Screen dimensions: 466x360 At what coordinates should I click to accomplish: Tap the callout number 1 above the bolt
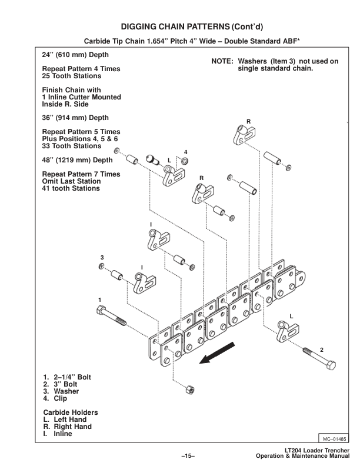click(100, 300)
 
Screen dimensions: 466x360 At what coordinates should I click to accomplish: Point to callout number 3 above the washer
click(102, 258)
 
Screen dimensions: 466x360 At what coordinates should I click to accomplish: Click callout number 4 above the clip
click(185, 152)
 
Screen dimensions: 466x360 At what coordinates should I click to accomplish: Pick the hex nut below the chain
click(191, 390)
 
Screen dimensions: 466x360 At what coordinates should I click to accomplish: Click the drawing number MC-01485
click(334, 438)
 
